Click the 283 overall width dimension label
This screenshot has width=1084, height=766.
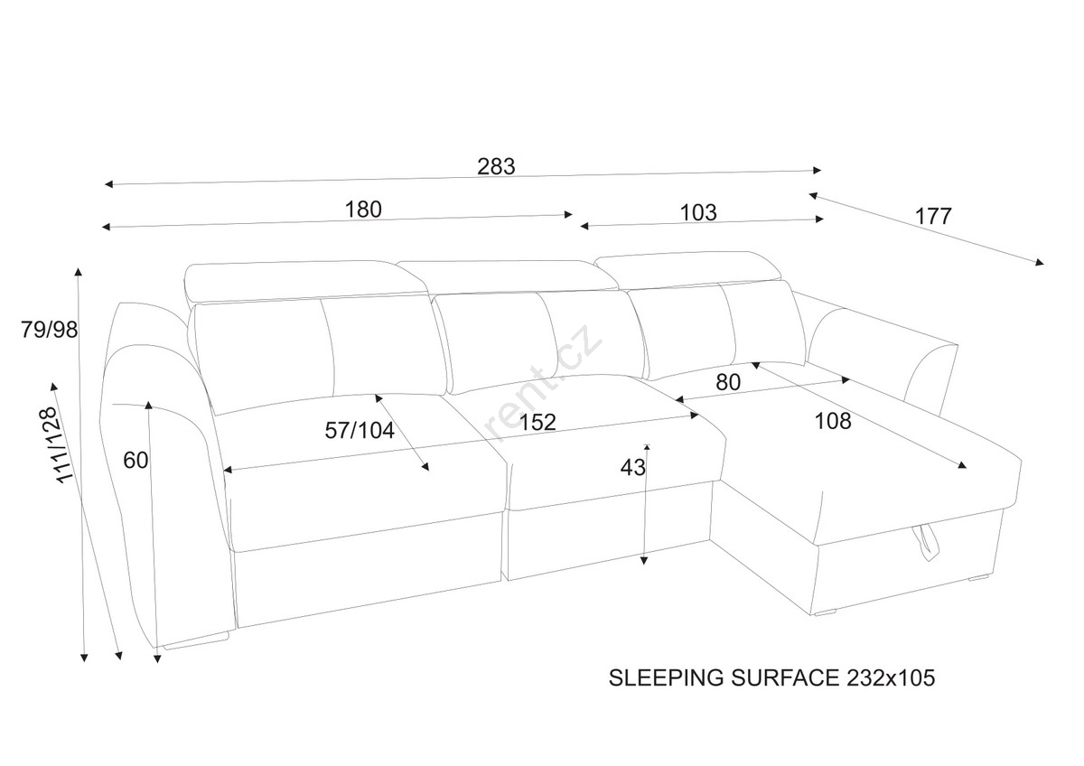(x=496, y=166)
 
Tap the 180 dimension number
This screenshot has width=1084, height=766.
(x=363, y=210)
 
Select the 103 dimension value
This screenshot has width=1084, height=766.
(x=697, y=212)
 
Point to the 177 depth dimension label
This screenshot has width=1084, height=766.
(x=933, y=216)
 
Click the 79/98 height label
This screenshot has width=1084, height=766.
(x=50, y=330)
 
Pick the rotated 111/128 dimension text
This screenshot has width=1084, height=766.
(x=58, y=444)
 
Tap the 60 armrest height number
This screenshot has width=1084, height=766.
(x=135, y=460)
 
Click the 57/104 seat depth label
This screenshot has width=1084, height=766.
(x=360, y=430)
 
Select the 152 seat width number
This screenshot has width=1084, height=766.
(x=537, y=423)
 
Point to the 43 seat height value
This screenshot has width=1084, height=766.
(x=633, y=467)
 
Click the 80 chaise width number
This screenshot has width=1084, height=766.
(x=728, y=382)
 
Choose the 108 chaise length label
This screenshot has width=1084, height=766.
(x=833, y=421)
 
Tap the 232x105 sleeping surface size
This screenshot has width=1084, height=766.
(x=891, y=678)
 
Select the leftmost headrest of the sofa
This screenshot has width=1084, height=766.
(x=305, y=282)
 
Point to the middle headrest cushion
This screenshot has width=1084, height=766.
(x=508, y=277)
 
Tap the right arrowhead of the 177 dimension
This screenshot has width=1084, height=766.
(x=1039, y=262)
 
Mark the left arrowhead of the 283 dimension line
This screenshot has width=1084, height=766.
(x=109, y=184)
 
